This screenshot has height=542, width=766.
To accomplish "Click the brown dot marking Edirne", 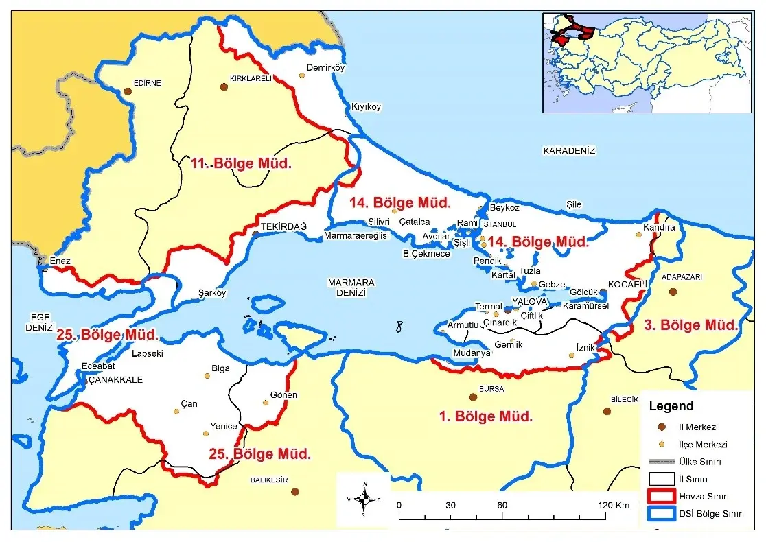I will coord(127,91).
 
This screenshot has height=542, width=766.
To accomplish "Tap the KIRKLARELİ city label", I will coord(251,79).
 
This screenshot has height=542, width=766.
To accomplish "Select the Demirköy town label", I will coord(325,67).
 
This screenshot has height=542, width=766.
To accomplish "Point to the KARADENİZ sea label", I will coord(569,151).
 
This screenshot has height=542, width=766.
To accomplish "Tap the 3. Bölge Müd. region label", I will coord(690,325).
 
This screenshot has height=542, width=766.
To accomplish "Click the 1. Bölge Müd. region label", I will coord(486,416).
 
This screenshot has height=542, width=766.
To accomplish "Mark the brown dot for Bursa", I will coord(473,397).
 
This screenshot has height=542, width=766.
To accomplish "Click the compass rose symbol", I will coord(364,499).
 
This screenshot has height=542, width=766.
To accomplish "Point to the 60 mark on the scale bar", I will coord(502,506).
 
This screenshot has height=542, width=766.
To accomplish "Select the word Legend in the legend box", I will coord(671,406).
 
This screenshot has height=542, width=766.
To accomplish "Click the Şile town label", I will coord(573,204).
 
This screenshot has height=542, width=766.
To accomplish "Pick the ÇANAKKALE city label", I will coord(115,379).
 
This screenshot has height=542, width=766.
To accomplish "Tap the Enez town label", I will coord(60,261).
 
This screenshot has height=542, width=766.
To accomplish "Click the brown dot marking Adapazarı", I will coord(673,292).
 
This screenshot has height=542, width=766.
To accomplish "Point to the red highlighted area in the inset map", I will coord(583,31).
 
